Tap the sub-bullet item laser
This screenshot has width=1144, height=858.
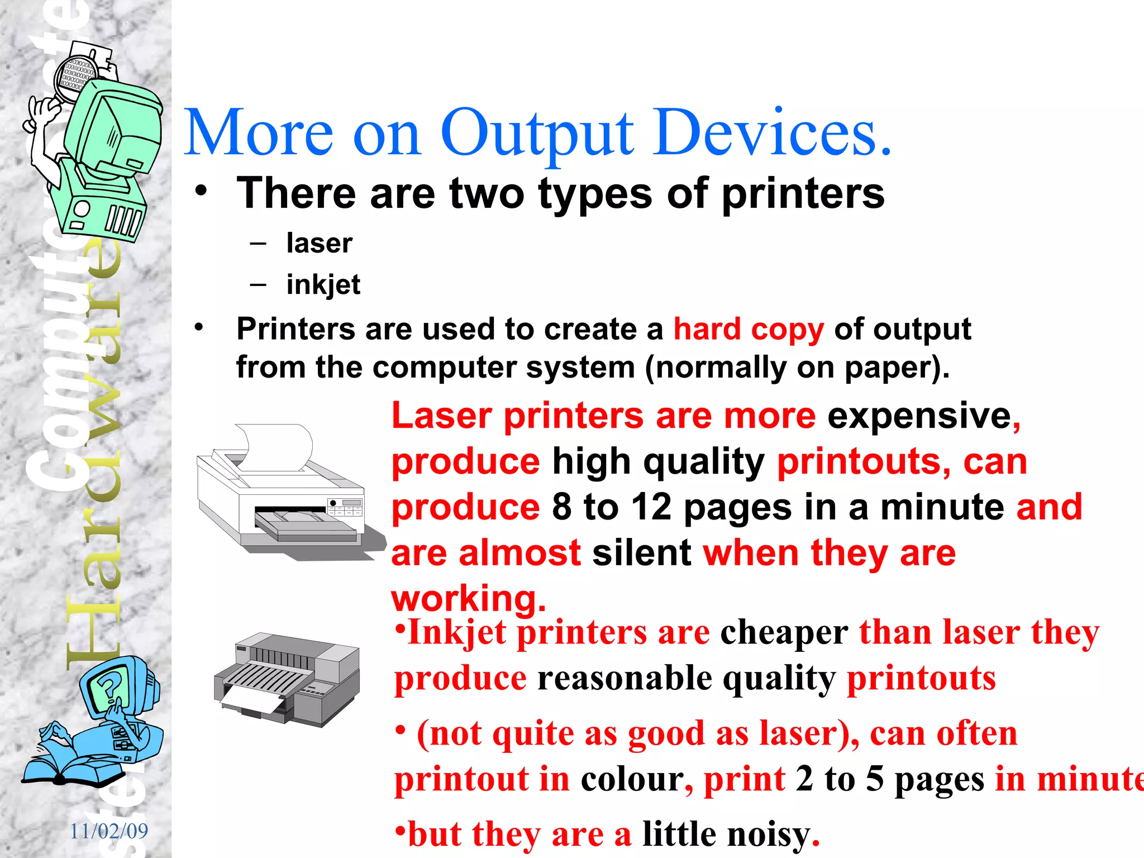[319, 243]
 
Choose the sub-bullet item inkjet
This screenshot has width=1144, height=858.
[323, 285]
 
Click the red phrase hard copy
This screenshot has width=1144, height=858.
[749, 329]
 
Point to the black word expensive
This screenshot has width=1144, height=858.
[919, 416]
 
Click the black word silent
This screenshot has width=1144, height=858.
[642, 552]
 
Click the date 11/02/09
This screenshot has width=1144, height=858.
[109, 831]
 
